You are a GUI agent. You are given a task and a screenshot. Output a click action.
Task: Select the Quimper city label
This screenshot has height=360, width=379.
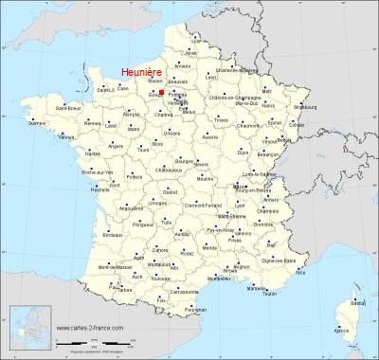click(x=37, y=123)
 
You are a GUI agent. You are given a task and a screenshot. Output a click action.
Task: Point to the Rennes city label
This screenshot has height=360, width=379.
click(x=91, y=124)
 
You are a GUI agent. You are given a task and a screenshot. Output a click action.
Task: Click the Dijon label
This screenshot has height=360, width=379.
click(x=244, y=152)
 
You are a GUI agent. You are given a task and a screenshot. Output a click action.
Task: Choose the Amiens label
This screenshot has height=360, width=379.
click(x=183, y=66)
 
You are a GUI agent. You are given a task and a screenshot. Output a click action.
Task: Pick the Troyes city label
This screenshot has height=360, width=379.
click(x=222, y=121)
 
